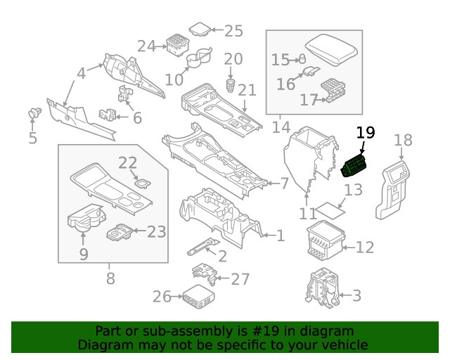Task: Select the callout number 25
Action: [233, 30]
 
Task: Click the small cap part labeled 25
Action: [200, 30]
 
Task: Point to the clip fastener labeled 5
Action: [32, 112]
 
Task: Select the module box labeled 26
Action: [200, 297]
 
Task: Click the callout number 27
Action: [240, 279]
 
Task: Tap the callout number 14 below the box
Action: [281, 127]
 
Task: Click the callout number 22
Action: [127, 163]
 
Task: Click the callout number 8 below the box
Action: [110, 278]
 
